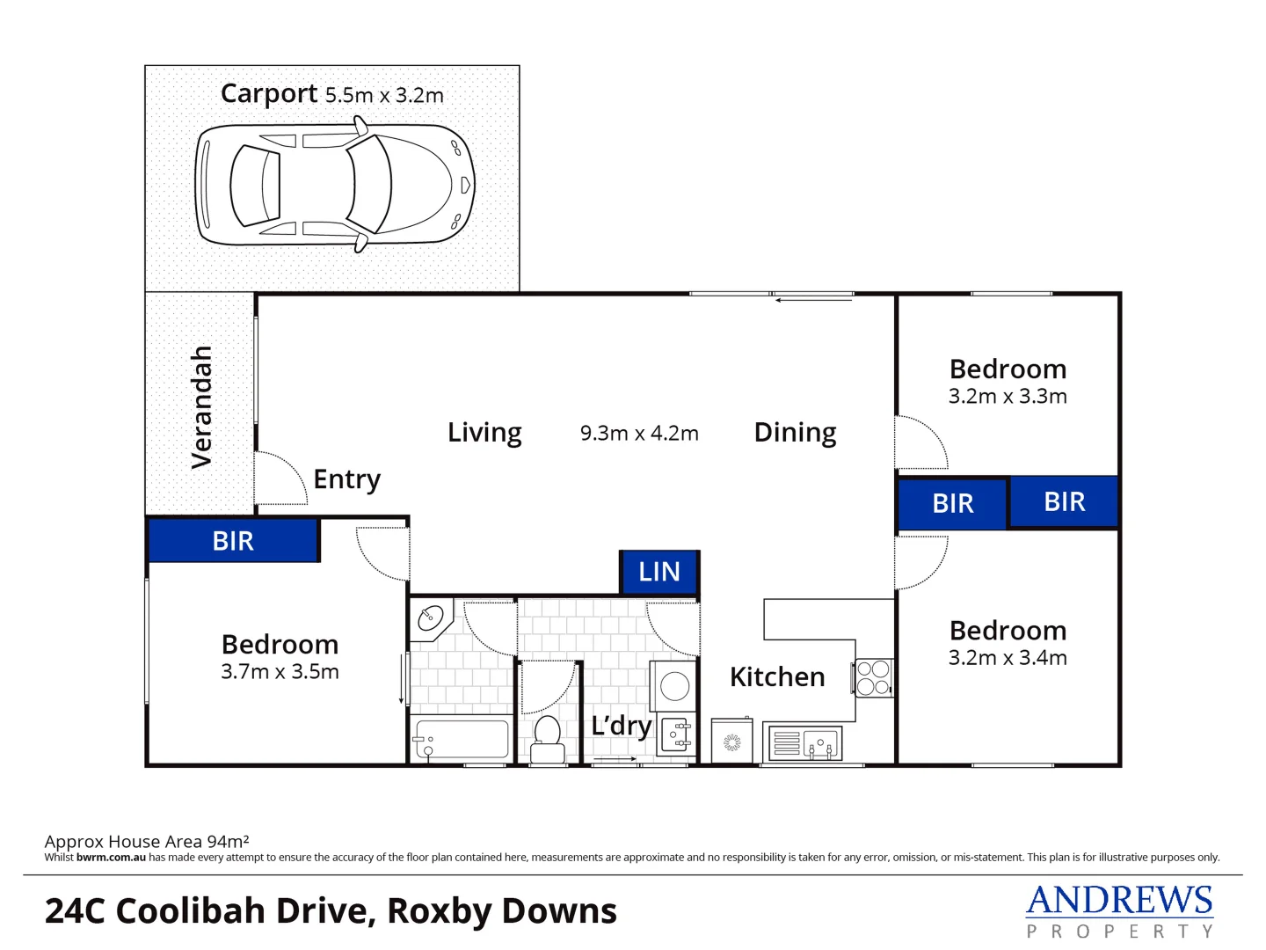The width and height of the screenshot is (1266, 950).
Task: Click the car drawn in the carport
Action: point(334,186)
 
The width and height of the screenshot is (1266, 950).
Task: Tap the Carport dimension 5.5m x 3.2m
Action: point(384,95)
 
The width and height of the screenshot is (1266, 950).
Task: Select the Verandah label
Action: point(202,406)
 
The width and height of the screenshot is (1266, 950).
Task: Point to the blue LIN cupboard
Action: point(659,573)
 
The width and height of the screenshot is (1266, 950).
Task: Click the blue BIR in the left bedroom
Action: point(233,541)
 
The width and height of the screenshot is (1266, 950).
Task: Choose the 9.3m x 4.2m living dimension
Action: point(639,434)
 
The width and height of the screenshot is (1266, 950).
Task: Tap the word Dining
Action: point(795,433)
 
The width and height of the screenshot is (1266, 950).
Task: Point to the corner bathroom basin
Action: point(431,617)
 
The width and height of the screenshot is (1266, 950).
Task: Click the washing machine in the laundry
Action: point(674,686)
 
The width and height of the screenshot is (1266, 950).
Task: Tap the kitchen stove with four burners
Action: point(873,678)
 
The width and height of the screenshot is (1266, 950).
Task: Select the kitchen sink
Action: point(805,743)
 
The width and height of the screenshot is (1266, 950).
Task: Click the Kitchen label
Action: point(777,677)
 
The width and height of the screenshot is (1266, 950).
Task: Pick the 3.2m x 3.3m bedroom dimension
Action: point(1008,397)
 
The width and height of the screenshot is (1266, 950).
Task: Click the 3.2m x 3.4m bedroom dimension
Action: point(1008,658)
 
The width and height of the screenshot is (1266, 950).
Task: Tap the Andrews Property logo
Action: point(1119,911)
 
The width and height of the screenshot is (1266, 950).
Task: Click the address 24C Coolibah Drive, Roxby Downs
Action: point(331,911)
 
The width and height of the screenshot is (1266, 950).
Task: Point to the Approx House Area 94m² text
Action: point(147,842)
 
